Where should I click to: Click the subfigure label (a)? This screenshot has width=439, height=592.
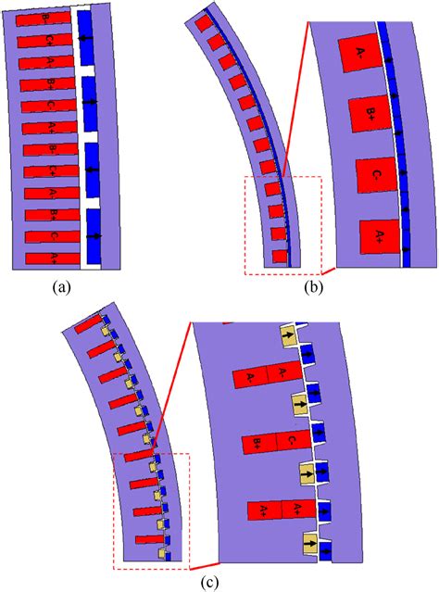point(63,288)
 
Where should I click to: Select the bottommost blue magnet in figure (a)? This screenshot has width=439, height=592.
point(94,235)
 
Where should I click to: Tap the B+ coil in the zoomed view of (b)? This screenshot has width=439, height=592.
point(369,115)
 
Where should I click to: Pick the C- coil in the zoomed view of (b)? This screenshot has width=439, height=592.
point(376,177)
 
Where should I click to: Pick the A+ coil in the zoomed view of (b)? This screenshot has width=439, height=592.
point(380,239)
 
